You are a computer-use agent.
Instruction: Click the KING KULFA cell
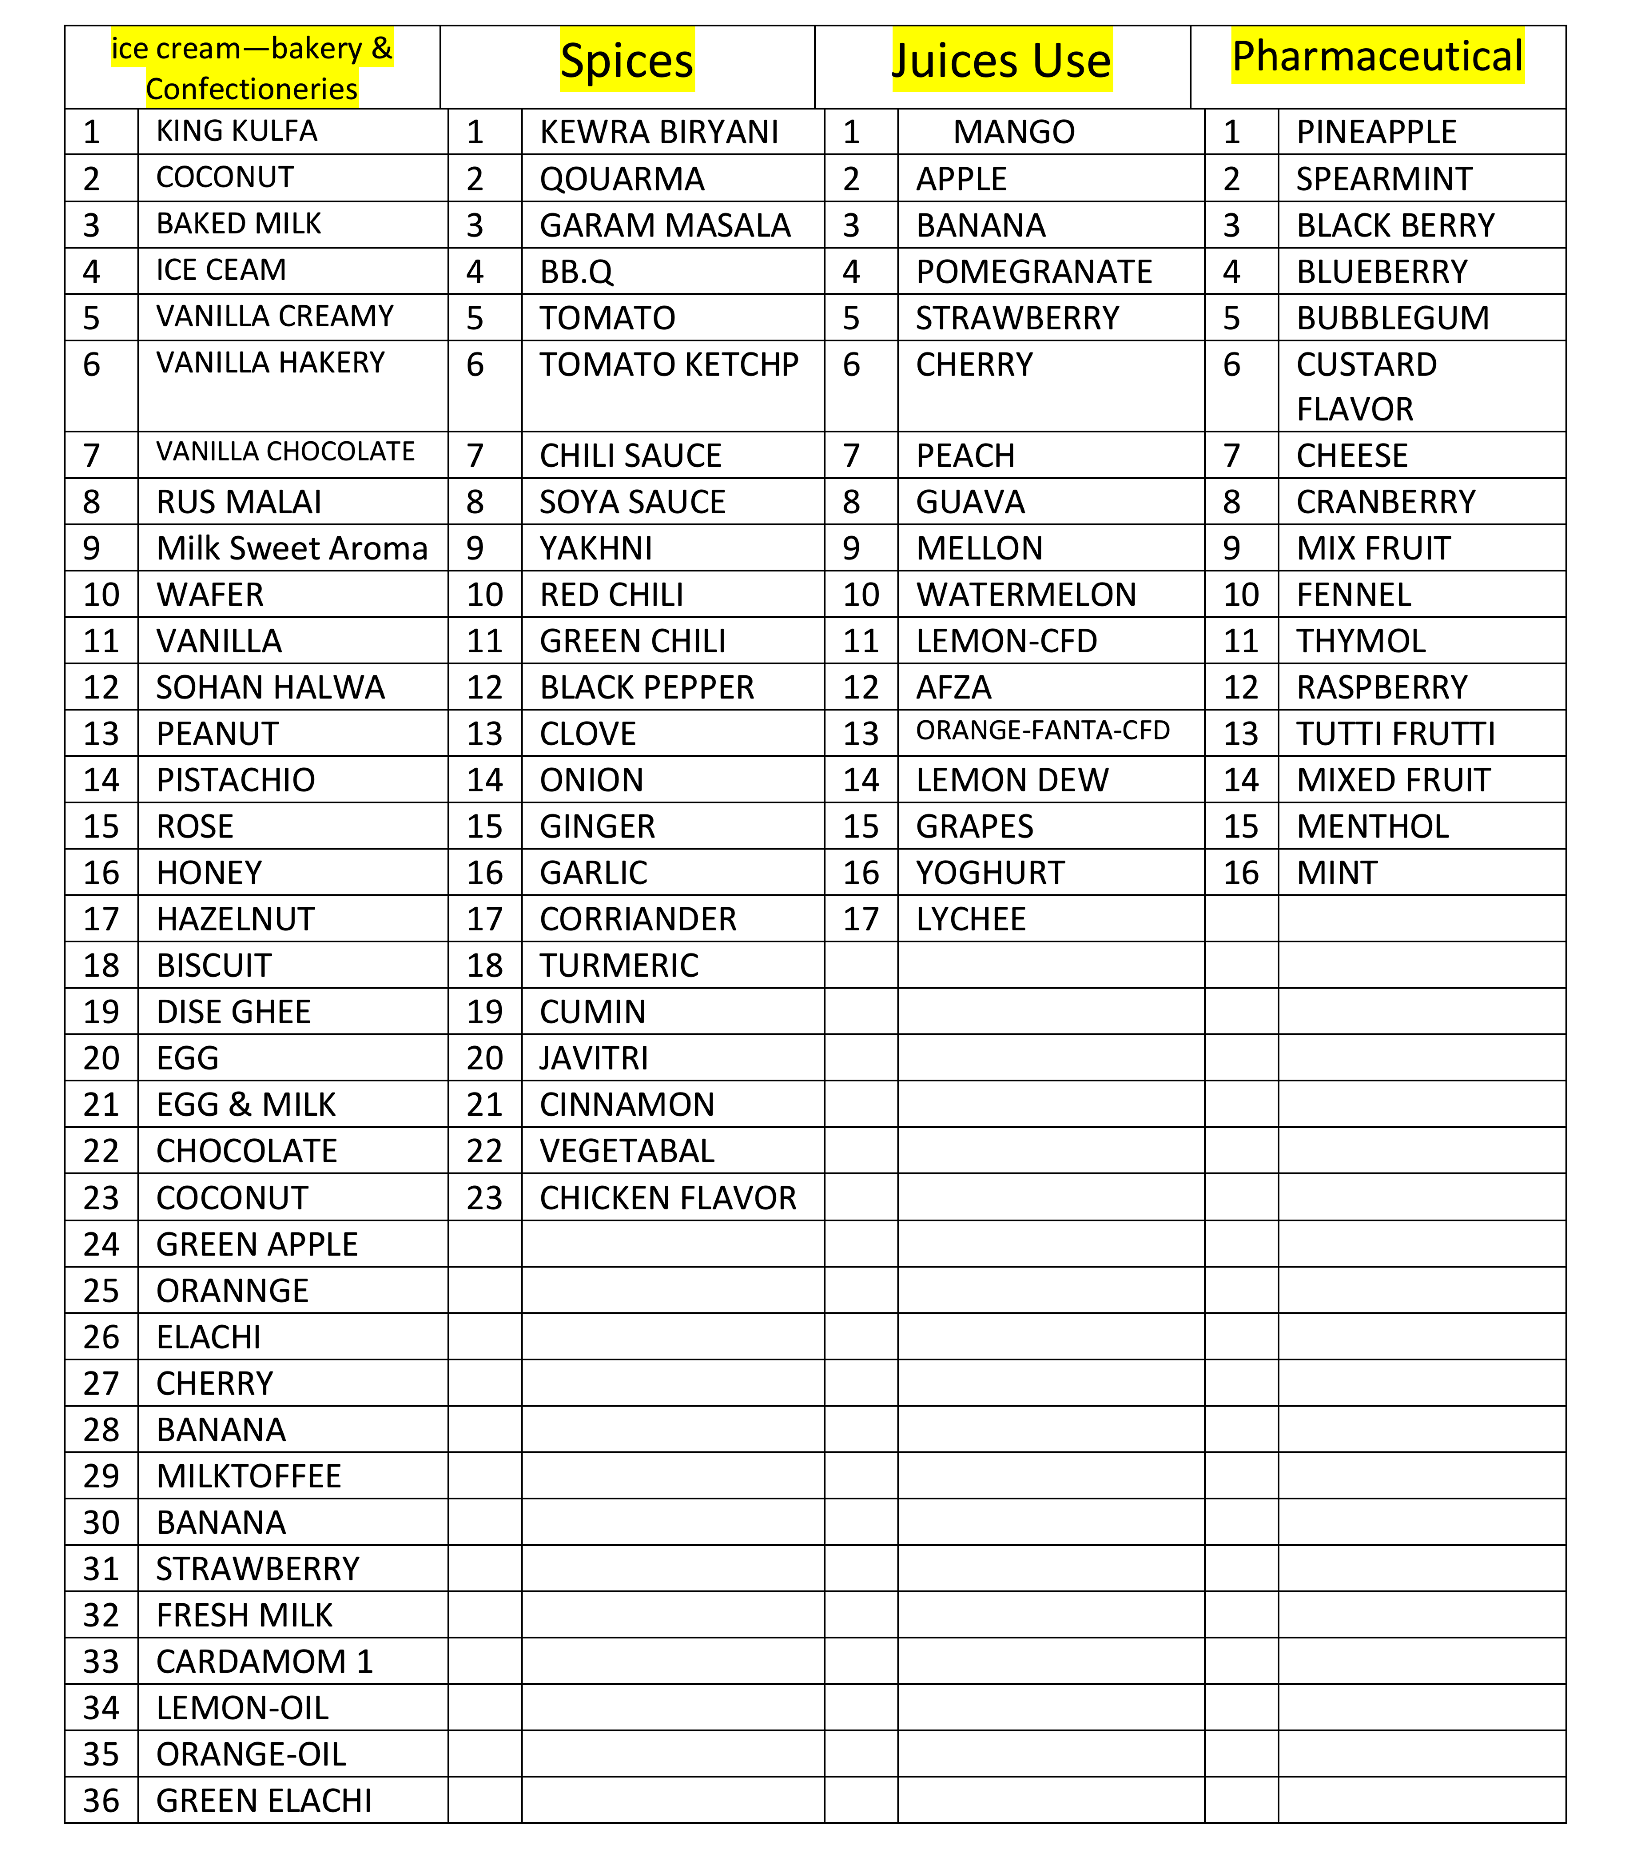(237, 131)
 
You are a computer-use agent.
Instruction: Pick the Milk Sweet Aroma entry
(292, 549)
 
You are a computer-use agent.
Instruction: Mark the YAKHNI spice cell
(596, 549)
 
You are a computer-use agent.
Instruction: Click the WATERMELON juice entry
(1026, 595)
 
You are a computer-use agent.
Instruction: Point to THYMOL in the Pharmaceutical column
(1361, 641)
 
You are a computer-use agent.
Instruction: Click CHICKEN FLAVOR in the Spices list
(667, 1198)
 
